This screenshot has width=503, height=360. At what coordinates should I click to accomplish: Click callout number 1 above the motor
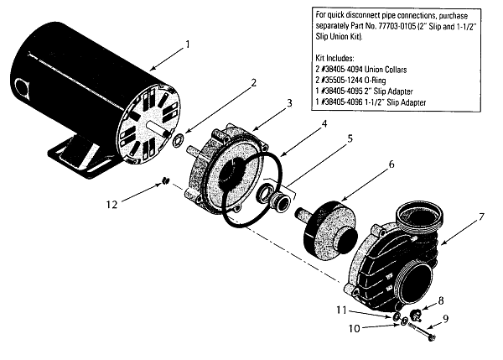click(188, 44)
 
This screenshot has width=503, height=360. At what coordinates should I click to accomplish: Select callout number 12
click(112, 204)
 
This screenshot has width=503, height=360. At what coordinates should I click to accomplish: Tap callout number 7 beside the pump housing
click(480, 217)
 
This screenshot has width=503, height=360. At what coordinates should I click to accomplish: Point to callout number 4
click(324, 123)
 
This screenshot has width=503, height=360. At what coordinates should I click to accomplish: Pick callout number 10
click(355, 329)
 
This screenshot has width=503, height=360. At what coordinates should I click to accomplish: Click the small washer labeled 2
click(178, 141)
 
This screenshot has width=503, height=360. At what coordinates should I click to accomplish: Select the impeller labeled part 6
click(330, 227)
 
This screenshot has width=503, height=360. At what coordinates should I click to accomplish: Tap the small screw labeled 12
click(165, 181)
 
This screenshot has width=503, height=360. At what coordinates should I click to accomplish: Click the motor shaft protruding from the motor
click(158, 127)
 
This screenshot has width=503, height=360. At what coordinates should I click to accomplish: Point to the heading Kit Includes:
click(334, 58)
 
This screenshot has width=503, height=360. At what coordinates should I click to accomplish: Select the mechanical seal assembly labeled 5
click(274, 196)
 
